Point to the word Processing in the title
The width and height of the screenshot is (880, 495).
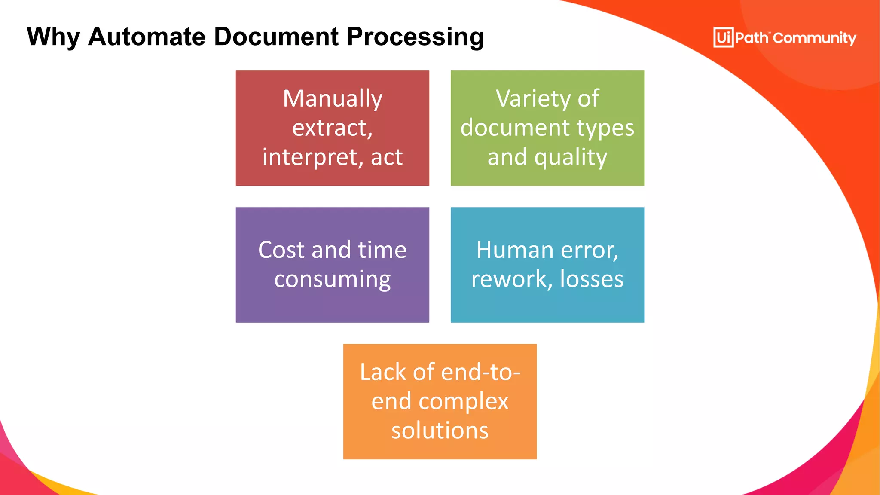click(415, 37)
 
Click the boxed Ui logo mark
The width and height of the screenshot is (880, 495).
click(723, 38)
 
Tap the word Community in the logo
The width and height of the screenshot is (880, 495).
click(814, 38)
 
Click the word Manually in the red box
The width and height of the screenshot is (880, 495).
click(333, 99)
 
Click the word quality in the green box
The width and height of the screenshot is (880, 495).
click(571, 157)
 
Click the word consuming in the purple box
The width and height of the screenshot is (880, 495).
click(333, 280)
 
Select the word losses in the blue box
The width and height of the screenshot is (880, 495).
click(592, 279)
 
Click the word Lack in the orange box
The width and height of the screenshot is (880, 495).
click(383, 372)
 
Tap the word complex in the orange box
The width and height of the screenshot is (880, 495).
click(463, 402)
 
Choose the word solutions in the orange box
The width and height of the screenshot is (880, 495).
click(440, 431)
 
